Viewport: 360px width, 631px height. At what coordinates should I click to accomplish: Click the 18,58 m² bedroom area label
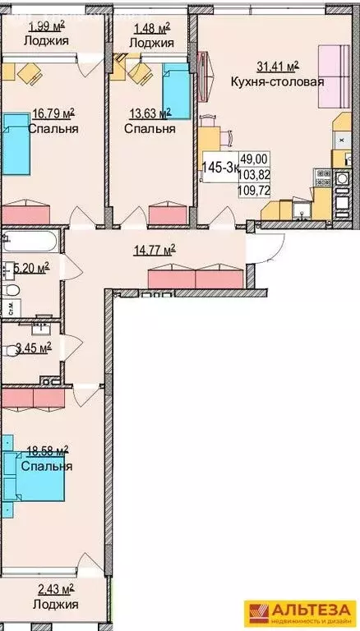pyautogui.click(x=46, y=450)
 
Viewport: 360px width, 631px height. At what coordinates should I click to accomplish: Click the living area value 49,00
pyautogui.click(x=252, y=160)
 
